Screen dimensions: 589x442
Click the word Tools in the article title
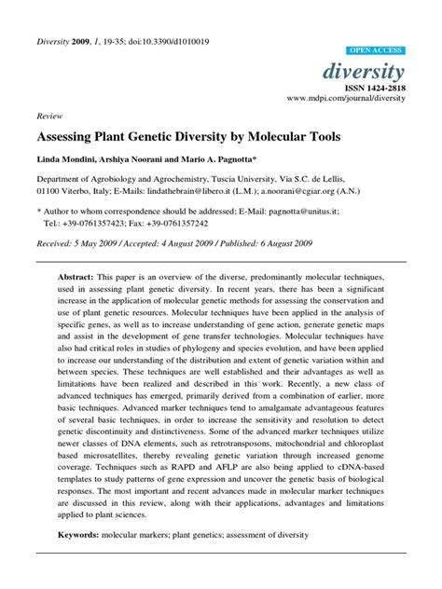tap(321, 137)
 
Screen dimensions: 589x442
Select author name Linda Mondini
tap(68, 161)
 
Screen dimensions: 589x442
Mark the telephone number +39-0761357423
tap(104, 224)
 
